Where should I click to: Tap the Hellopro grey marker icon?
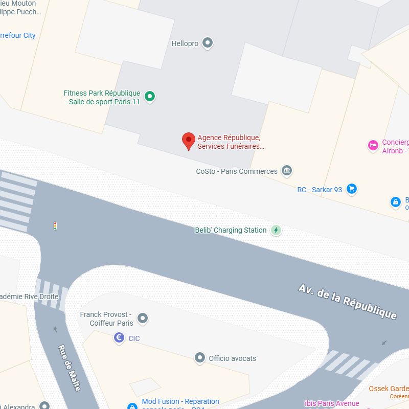click(x=207, y=43)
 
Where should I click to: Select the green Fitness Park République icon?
click(x=149, y=96)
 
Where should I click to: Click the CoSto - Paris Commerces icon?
click(x=287, y=171)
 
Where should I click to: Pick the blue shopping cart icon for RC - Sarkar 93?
click(x=351, y=189)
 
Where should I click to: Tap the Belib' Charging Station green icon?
click(x=276, y=230)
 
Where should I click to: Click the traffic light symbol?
click(x=55, y=225)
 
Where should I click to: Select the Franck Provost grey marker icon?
click(x=143, y=319)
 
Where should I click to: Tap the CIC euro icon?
click(x=119, y=338)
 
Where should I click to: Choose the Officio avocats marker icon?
click(x=200, y=358)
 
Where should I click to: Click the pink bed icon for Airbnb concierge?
click(x=373, y=146)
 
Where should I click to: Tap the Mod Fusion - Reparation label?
click(x=180, y=402)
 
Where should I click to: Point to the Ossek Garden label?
click(x=389, y=389)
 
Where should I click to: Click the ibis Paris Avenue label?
click(x=332, y=403)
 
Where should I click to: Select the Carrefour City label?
click(x=17, y=35)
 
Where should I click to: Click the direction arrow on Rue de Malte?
click(x=55, y=329)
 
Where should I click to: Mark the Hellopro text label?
click(x=185, y=44)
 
